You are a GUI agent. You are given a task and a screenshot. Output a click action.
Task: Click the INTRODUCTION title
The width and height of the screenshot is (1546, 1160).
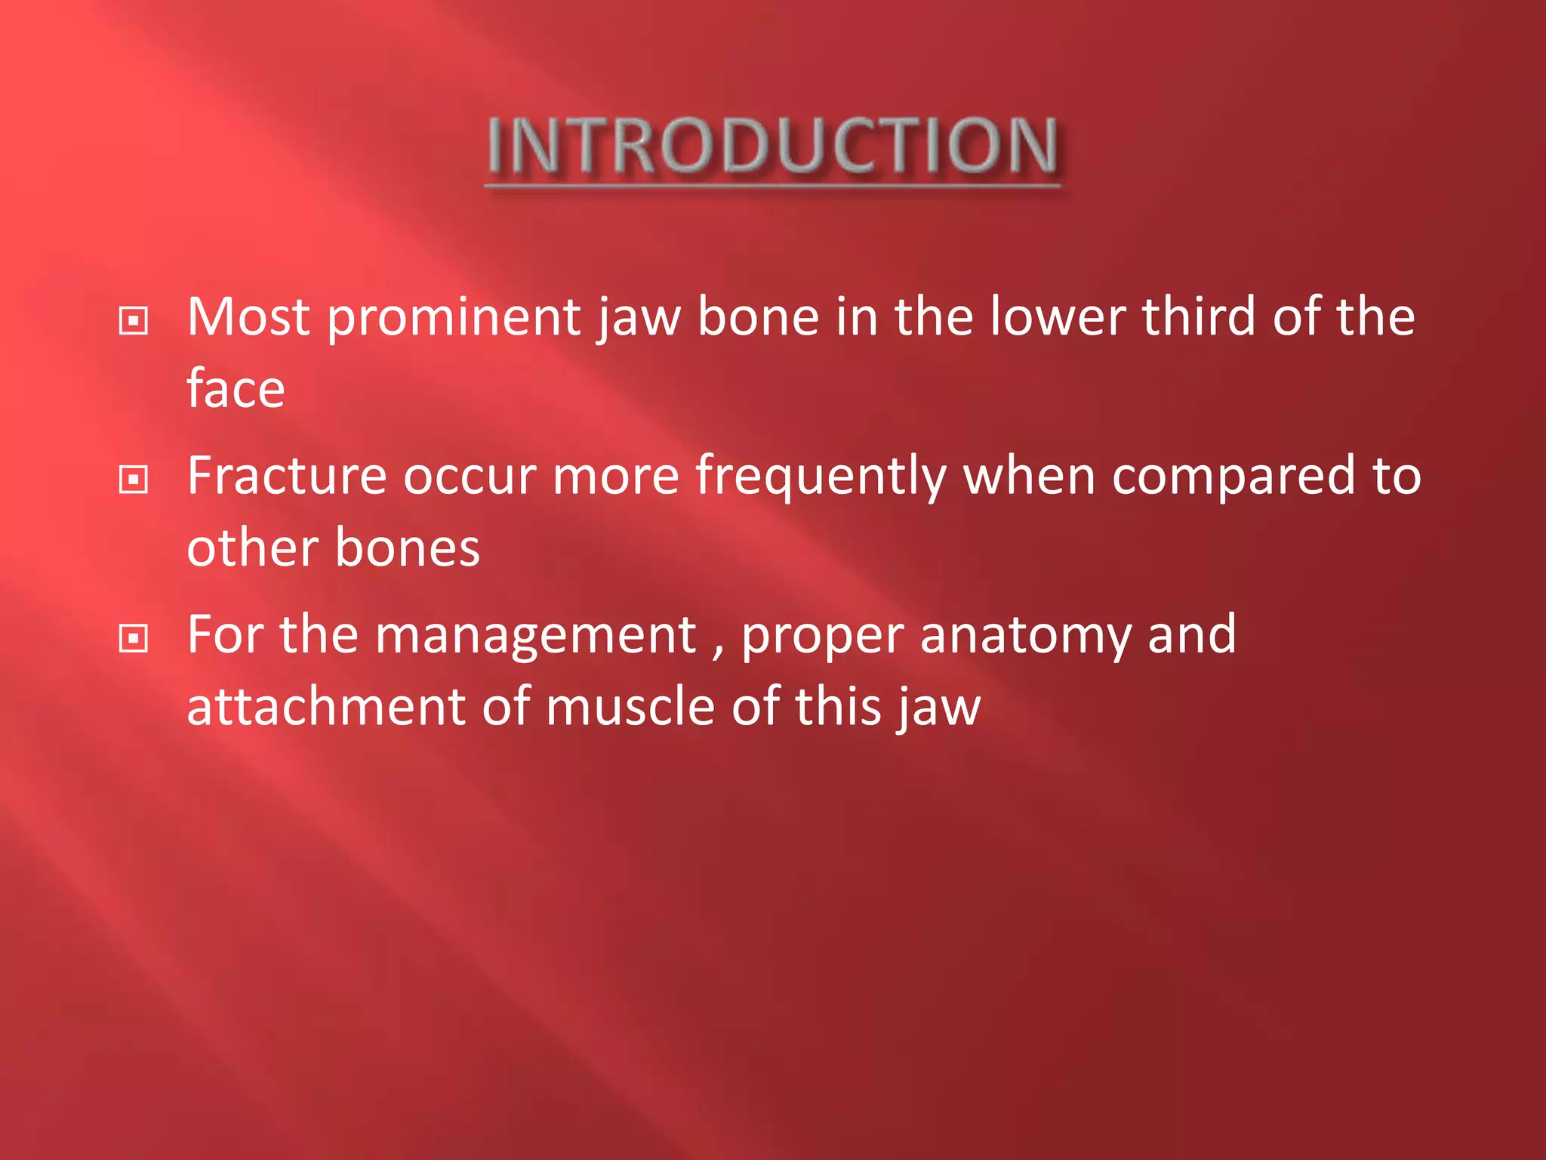(772, 145)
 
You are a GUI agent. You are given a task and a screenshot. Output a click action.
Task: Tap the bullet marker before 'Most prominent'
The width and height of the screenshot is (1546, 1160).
(134, 321)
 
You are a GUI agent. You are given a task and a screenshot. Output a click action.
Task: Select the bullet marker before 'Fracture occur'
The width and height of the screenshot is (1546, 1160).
(134, 480)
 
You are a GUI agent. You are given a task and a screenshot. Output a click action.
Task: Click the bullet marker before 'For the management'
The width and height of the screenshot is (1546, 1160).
(134, 639)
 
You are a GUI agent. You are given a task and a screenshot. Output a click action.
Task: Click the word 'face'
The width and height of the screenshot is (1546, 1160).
(236, 389)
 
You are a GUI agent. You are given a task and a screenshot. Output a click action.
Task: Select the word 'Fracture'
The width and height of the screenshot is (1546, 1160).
(287, 476)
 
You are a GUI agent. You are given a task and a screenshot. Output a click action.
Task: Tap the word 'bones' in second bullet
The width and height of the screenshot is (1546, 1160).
(407, 548)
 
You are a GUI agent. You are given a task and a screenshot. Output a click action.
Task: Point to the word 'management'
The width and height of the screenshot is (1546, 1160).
(535, 637)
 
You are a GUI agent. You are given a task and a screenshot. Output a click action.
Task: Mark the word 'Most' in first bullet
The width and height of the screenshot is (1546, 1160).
(248, 317)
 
